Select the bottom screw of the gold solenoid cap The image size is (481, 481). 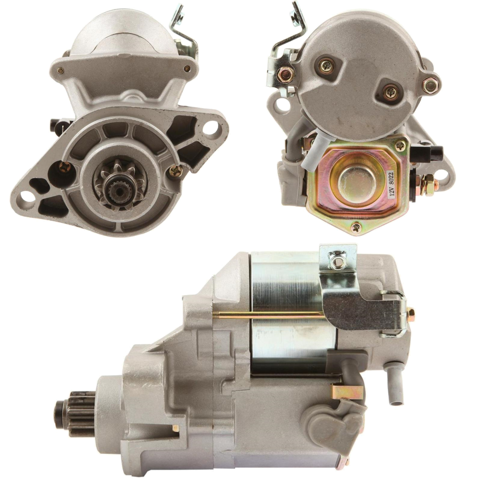356,226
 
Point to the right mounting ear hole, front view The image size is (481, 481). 210,128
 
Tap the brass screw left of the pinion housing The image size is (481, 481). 64,168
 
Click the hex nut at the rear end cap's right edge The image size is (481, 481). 430,85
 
